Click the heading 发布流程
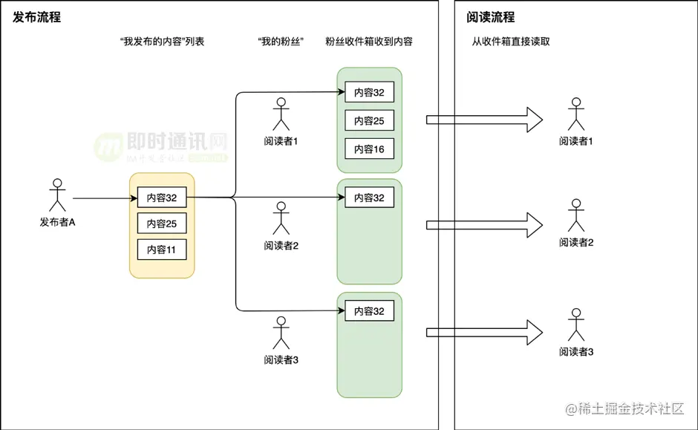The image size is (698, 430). click(37, 17)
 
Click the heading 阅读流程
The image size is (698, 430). click(490, 17)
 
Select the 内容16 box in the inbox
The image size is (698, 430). click(369, 149)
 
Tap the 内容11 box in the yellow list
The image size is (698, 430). click(161, 250)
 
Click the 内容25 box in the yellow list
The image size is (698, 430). click(161, 224)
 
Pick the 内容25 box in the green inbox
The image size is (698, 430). click(369, 121)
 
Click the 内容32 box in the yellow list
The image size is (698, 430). click(161, 198)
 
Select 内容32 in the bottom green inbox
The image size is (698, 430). click(369, 311)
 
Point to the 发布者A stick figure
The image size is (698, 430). click(57, 195)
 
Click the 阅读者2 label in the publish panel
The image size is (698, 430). click(281, 246)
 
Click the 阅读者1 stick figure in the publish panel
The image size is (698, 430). click(281, 114)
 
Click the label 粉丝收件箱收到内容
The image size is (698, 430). click(369, 42)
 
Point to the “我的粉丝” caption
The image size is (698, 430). click(278, 42)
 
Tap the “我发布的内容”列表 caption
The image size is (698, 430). click(162, 42)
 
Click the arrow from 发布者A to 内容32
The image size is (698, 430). click(105, 198)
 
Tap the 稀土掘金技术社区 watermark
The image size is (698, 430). click(630, 409)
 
